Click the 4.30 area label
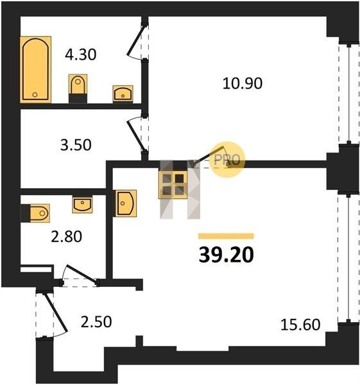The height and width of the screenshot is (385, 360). coord(81,55)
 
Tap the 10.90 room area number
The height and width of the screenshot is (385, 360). coord(243,83)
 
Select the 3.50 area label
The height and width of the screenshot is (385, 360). coord(76,145)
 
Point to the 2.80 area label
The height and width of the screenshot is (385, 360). coord(66,237)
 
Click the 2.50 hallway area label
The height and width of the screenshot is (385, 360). coord(96,322)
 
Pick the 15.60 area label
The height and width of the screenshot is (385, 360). coord(300,325)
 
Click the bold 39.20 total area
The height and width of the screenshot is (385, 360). coord(226,255)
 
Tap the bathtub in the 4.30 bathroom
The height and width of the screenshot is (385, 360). coord(35,69)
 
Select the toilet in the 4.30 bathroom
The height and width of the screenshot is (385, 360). coord(78,89)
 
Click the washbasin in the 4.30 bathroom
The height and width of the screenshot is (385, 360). coord(123,94)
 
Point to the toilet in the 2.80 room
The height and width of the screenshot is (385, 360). coord(35,213)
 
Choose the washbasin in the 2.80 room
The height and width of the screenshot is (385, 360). coord(82,205)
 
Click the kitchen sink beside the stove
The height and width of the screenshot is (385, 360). coord(125,203)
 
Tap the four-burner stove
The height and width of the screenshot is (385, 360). coord(173,184)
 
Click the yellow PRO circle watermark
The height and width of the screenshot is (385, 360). coord(228,159)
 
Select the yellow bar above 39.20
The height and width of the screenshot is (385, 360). coord(226,236)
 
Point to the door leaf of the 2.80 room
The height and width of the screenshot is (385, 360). coord(81,273)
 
